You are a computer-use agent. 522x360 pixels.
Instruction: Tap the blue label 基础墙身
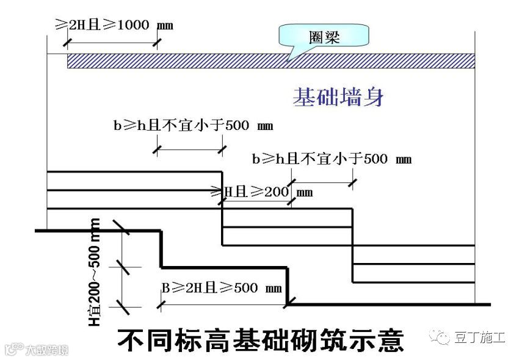click(338, 97)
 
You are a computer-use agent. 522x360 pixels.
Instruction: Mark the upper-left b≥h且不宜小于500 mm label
click(193, 126)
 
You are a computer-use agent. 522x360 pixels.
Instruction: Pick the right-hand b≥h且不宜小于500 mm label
click(332, 159)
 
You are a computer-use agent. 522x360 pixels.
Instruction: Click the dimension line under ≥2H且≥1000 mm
click(112, 42)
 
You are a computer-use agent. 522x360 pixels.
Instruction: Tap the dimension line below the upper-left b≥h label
click(190, 148)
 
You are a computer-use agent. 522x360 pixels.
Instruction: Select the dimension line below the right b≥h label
click(321, 181)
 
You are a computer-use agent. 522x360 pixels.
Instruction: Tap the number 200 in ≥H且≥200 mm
click(276, 192)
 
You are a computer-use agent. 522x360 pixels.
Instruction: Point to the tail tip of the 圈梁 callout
click(292, 60)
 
